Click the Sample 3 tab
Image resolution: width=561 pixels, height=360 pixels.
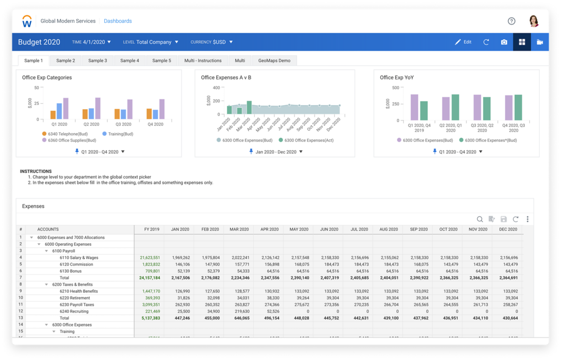(98, 61)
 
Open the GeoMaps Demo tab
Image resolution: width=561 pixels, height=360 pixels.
(274, 61)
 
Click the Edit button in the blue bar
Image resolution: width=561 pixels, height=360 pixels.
(463, 42)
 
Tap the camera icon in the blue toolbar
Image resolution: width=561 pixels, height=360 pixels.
(504, 42)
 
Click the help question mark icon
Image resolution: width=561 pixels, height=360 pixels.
(511, 21)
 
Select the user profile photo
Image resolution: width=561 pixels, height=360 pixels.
(534, 21)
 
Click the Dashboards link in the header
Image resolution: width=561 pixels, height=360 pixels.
(118, 21)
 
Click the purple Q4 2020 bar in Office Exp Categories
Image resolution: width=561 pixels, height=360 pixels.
(162, 109)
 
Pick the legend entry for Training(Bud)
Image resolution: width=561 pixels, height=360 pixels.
(120, 134)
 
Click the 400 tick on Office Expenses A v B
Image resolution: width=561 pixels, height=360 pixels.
(217, 88)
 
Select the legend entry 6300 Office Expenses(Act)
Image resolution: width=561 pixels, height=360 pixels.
(309, 140)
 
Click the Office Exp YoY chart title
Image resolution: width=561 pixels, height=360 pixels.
(397, 77)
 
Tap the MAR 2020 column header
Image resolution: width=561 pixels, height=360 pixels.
(239, 229)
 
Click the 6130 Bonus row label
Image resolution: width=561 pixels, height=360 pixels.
(71, 271)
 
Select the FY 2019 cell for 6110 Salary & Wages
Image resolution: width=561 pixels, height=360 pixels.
(150, 257)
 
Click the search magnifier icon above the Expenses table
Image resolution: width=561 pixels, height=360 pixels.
(479, 219)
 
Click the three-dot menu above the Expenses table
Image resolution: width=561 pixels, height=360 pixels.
(527, 219)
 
